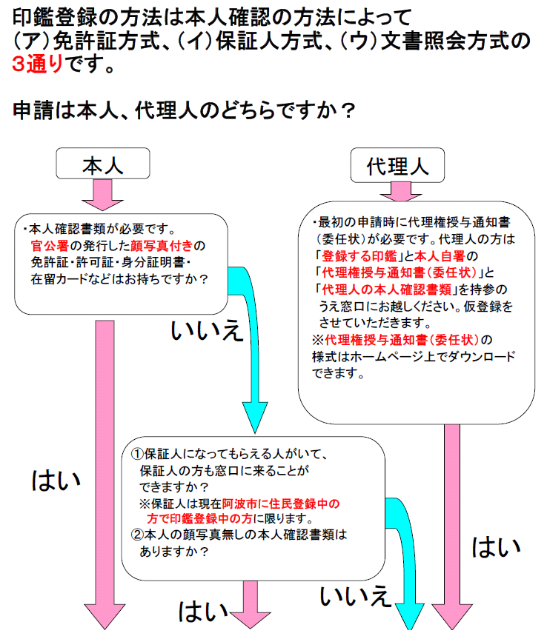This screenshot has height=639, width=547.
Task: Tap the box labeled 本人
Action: (x=102, y=165)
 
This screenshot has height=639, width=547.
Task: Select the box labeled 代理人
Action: (x=397, y=165)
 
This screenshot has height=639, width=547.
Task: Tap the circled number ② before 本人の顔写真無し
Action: (x=137, y=535)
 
